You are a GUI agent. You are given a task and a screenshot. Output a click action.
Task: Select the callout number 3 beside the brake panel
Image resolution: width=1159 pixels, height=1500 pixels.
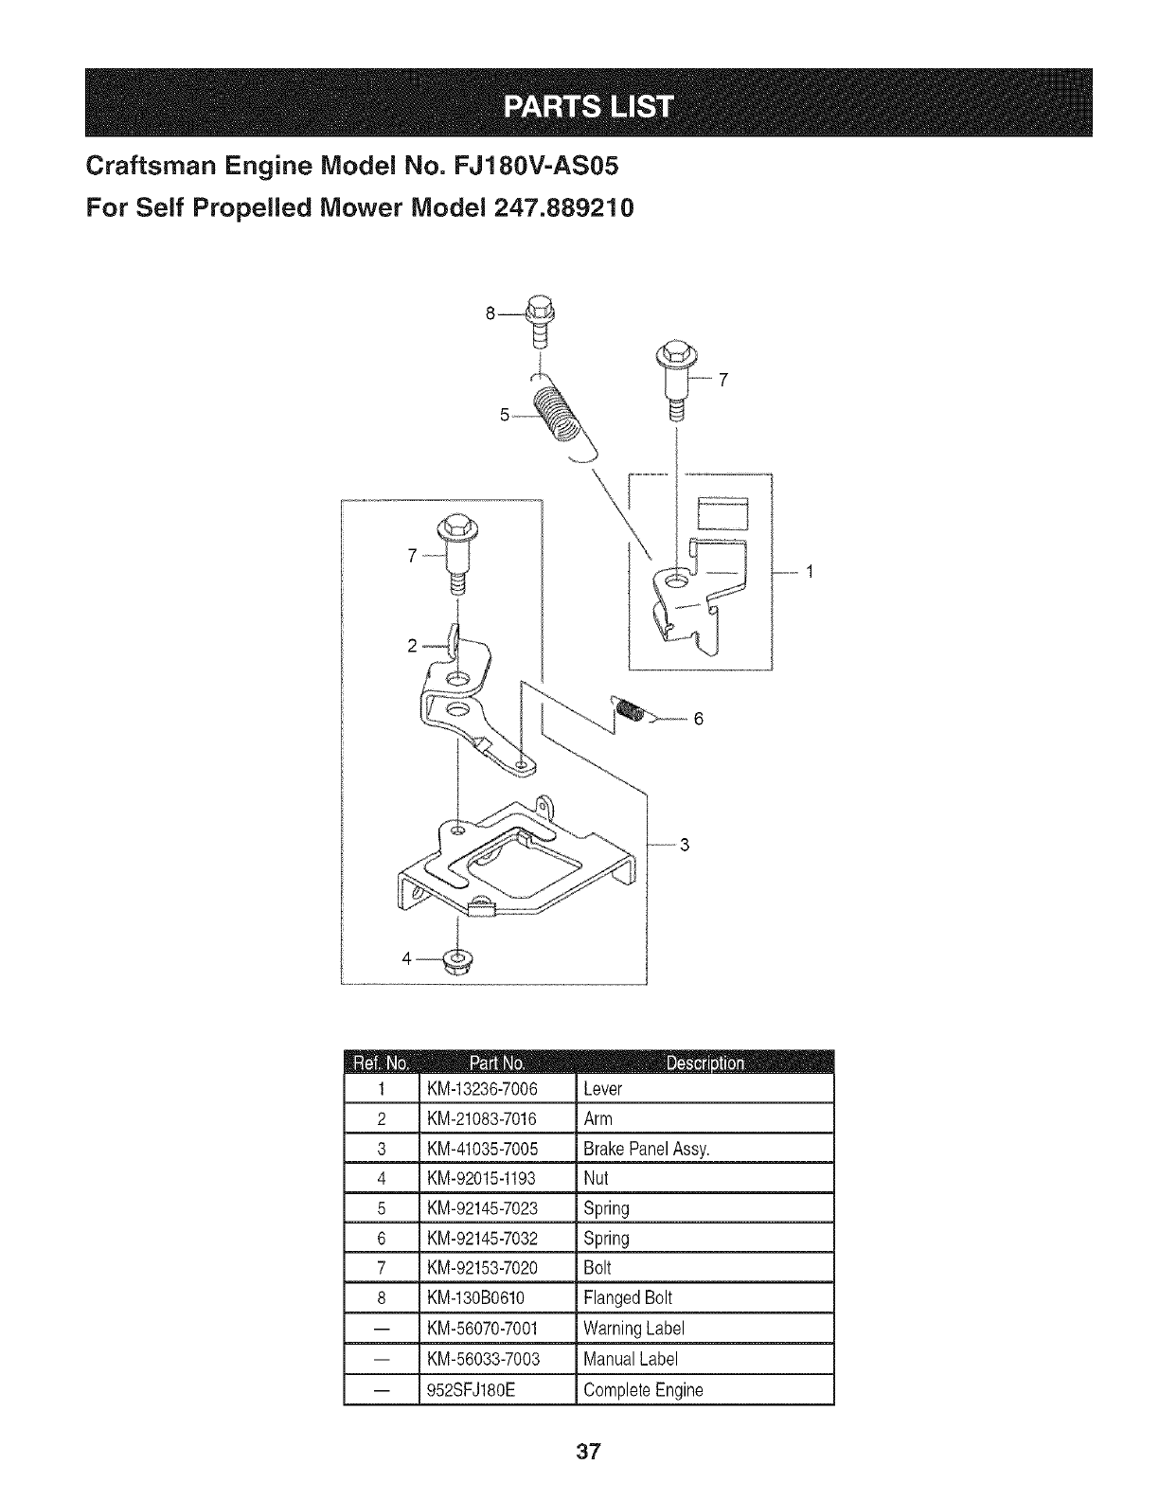(685, 846)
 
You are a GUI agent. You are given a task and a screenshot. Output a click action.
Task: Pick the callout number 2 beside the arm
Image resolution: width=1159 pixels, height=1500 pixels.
(412, 646)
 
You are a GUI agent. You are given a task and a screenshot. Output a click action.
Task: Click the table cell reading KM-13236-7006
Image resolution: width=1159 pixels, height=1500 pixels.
(483, 1089)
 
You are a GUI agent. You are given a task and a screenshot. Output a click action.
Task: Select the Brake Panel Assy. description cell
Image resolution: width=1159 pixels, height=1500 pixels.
(646, 1149)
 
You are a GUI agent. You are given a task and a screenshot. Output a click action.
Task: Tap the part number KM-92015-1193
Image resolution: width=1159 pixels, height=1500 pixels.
(482, 1178)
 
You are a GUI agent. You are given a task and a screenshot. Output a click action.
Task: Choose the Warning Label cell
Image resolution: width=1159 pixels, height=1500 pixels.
(633, 1328)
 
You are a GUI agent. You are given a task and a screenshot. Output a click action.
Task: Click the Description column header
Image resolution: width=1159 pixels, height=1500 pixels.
(704, 1062)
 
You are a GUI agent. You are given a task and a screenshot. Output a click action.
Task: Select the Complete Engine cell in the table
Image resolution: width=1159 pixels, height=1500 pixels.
(643, 1390)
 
